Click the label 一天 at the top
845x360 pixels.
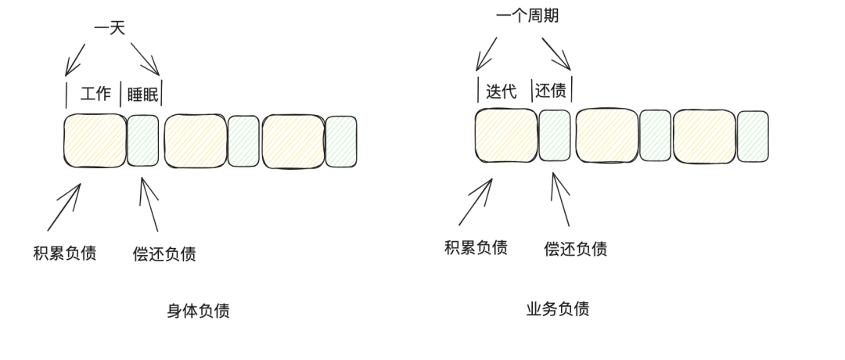point(109,28)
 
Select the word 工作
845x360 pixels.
point(95,95)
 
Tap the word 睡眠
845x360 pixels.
point(142,95)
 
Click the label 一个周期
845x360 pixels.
point(527,16)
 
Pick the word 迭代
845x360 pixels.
point(502,91)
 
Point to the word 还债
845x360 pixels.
point(551,91)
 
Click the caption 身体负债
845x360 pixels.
point(198,311)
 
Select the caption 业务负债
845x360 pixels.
point(557,308)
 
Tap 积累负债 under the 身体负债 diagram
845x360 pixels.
point(65,253)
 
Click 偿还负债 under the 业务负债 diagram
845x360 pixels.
point(575,249)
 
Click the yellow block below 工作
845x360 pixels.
point(95,141)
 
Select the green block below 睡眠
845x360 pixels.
point(143,141)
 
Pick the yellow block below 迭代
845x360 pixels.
point(505,135)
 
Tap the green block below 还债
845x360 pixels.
point(555,135)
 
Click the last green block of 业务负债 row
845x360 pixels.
point(753,136)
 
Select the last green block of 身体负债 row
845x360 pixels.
point(341,142)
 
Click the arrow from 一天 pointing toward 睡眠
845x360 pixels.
point(146,59)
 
